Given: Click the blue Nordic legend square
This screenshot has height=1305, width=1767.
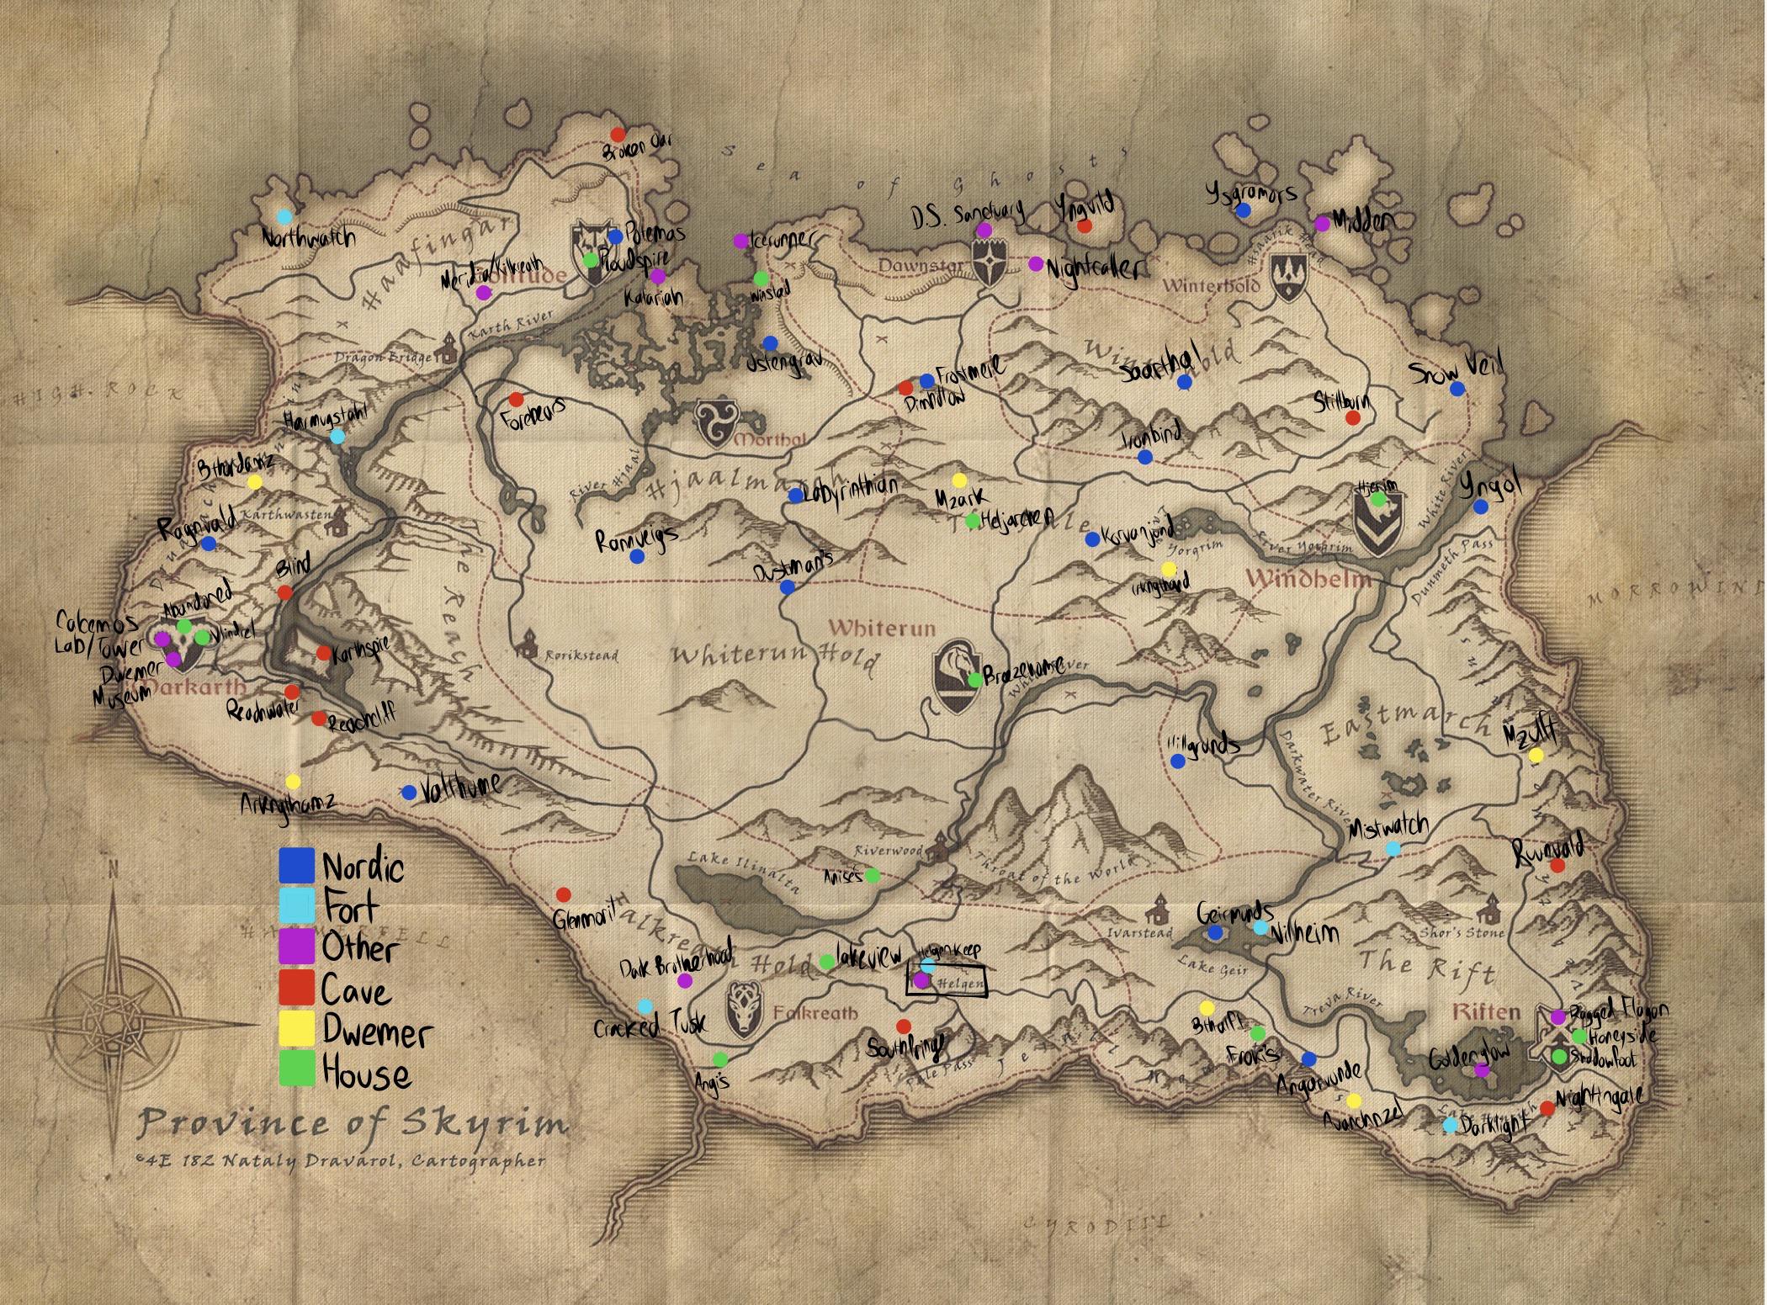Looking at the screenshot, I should [296, 865].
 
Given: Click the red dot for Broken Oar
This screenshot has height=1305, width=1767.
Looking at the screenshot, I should [617, 134].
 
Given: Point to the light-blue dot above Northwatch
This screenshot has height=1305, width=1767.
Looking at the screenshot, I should [285, 216].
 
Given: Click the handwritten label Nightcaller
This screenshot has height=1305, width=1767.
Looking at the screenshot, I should [1092, 268].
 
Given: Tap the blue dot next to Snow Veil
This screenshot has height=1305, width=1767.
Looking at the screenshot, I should [1457, 389].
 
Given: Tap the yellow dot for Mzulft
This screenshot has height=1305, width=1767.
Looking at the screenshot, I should [1536, 755].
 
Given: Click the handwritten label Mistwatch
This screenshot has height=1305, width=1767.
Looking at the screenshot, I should [1388, 828].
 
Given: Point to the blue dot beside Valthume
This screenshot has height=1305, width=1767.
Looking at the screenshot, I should [409, 793].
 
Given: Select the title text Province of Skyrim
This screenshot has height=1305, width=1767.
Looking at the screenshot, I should [353, 1122].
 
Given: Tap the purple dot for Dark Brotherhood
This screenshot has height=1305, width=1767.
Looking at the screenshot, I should [685, 980].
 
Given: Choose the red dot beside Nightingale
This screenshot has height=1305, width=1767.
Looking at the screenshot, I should [1547, 1108].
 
